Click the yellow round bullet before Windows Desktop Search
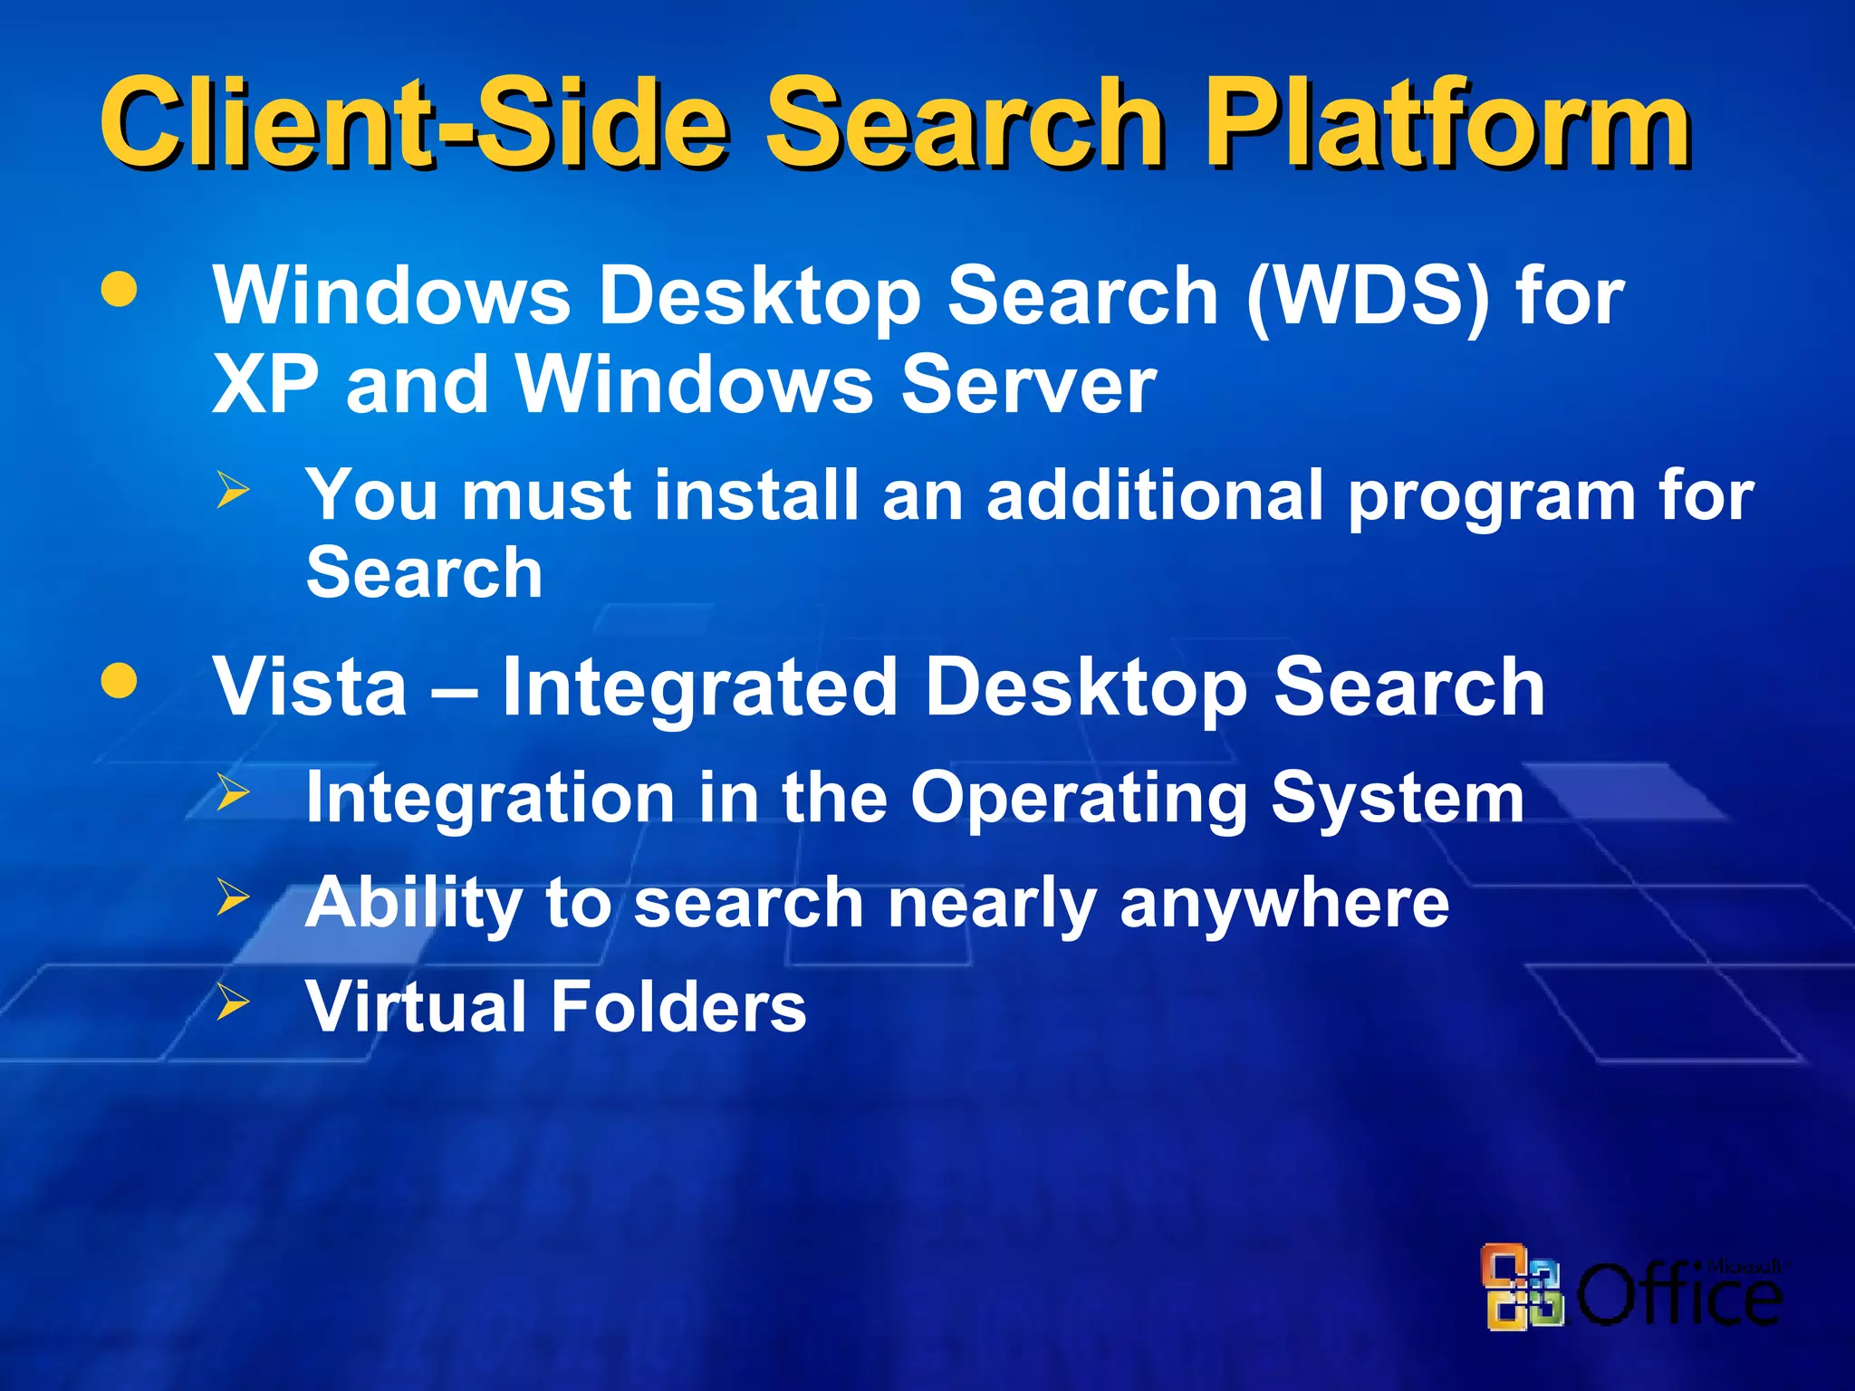click(x=120, y=290)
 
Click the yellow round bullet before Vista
click(x=120, y=681)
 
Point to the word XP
click(x=265, y=385)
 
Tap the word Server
click(x=1028, y=385)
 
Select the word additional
click(x=1155, y=495)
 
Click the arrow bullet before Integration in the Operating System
click(x=233, y=792)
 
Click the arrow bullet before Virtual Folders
click(x=233, y=1002)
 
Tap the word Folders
click(x=678, y=1006)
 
